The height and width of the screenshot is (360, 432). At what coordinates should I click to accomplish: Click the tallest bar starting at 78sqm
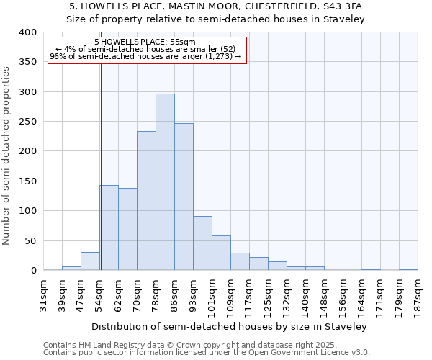(165, 181)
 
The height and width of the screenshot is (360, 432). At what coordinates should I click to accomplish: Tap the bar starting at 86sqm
(184, 197)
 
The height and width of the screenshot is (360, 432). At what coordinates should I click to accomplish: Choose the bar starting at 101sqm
(221, 253)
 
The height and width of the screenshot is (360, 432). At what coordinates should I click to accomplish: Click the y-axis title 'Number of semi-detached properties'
(6, 155)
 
